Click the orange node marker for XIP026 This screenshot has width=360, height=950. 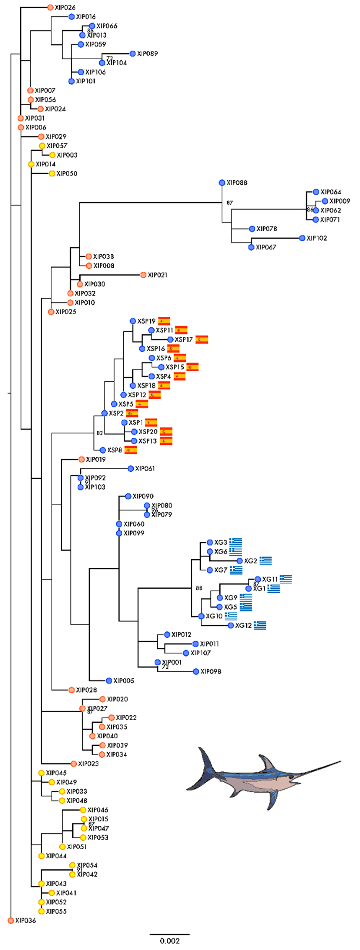50,7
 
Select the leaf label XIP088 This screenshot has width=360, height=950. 237,183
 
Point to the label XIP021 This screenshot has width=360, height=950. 157,275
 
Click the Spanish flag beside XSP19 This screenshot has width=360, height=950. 164,321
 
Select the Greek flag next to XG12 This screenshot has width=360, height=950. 260,625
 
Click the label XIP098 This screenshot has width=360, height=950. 211,671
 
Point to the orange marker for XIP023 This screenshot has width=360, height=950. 74,764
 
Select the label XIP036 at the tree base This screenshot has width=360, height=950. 25,920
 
